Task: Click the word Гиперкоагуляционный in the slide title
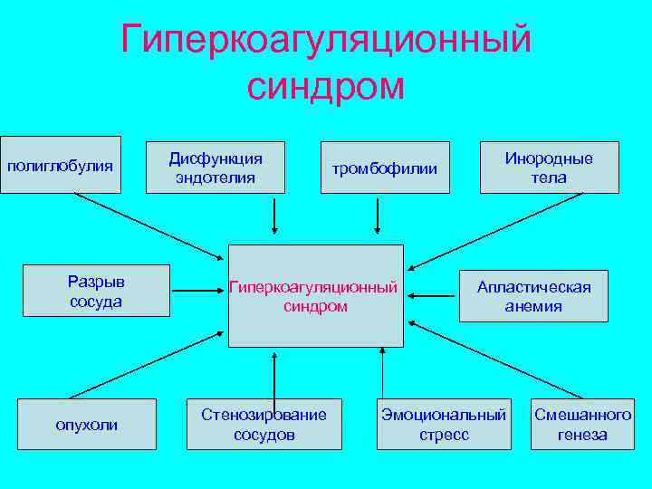326,40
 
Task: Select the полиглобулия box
61,165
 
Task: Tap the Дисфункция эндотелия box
216,168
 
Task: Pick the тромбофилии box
385,168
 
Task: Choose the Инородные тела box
549,168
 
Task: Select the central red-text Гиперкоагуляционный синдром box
314,296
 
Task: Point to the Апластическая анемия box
533,296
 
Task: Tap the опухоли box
86,425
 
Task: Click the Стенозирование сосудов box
264,425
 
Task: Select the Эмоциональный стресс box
444,425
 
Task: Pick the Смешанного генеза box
582,425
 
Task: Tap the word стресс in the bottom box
444,435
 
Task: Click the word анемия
533,306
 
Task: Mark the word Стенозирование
264,415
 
